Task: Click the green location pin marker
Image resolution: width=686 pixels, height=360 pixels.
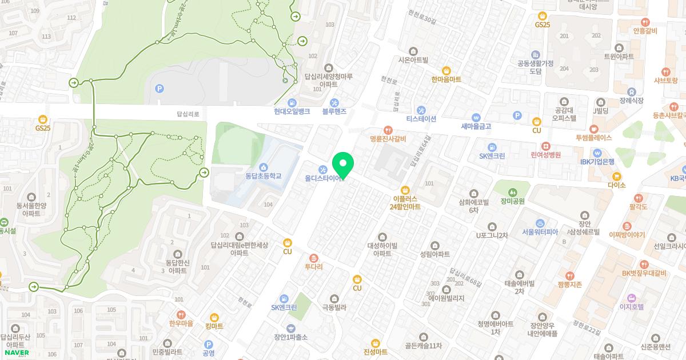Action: pos(343,165)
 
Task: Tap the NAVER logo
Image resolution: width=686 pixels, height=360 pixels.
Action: pos(15,353)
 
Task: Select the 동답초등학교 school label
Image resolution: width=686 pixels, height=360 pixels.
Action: pos(264,175)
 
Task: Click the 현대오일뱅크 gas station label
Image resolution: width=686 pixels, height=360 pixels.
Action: pos(292,111)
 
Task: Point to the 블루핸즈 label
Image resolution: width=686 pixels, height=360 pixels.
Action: pos(334,111)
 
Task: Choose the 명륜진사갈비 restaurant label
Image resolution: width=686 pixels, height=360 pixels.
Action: pos(388,138)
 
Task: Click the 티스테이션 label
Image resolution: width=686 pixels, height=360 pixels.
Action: pos(421,119)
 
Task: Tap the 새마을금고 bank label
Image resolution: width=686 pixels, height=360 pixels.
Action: pos(476,126)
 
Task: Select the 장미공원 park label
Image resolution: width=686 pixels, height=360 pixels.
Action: pos(513,201)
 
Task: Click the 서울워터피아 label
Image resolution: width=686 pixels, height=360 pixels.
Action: pos(540,232)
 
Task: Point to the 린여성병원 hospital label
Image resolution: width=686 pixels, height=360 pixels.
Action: pos(545,154)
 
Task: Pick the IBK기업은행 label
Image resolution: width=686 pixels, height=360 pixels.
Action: pos(597,161)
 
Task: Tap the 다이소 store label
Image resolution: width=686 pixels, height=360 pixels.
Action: pos(617,185)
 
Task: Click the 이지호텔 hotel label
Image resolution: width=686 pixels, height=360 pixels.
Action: pos(631,306)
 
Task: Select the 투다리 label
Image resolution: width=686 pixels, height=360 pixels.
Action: pos(313,266)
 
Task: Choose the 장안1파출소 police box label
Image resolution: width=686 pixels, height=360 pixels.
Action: pos(291,337)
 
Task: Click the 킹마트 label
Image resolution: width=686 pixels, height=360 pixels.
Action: pos(214,325)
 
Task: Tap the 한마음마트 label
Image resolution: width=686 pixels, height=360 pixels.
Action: pos(446,79)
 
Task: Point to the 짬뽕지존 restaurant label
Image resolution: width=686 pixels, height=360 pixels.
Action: pos(569,284)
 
